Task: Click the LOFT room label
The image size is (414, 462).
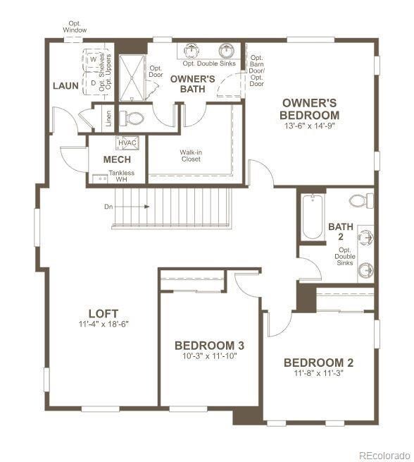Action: (x=103, y=313)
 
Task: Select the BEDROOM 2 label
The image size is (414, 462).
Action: (x=318, y=363)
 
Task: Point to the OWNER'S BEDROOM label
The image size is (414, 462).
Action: (x=309, y=109)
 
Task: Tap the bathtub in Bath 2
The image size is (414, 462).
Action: (x=311, y=217)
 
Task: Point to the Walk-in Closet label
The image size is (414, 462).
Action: (x=190, y=155)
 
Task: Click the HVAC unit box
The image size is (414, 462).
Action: (x=127, y=143)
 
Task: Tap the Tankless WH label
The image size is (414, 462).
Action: (x=121, y=176)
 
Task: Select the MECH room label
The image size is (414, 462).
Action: (x=117, y=159)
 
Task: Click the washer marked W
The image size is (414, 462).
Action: (x=92, y=61)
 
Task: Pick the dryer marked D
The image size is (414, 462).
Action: (x=92, y=83)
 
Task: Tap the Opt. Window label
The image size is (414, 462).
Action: (x=75, y=27)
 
